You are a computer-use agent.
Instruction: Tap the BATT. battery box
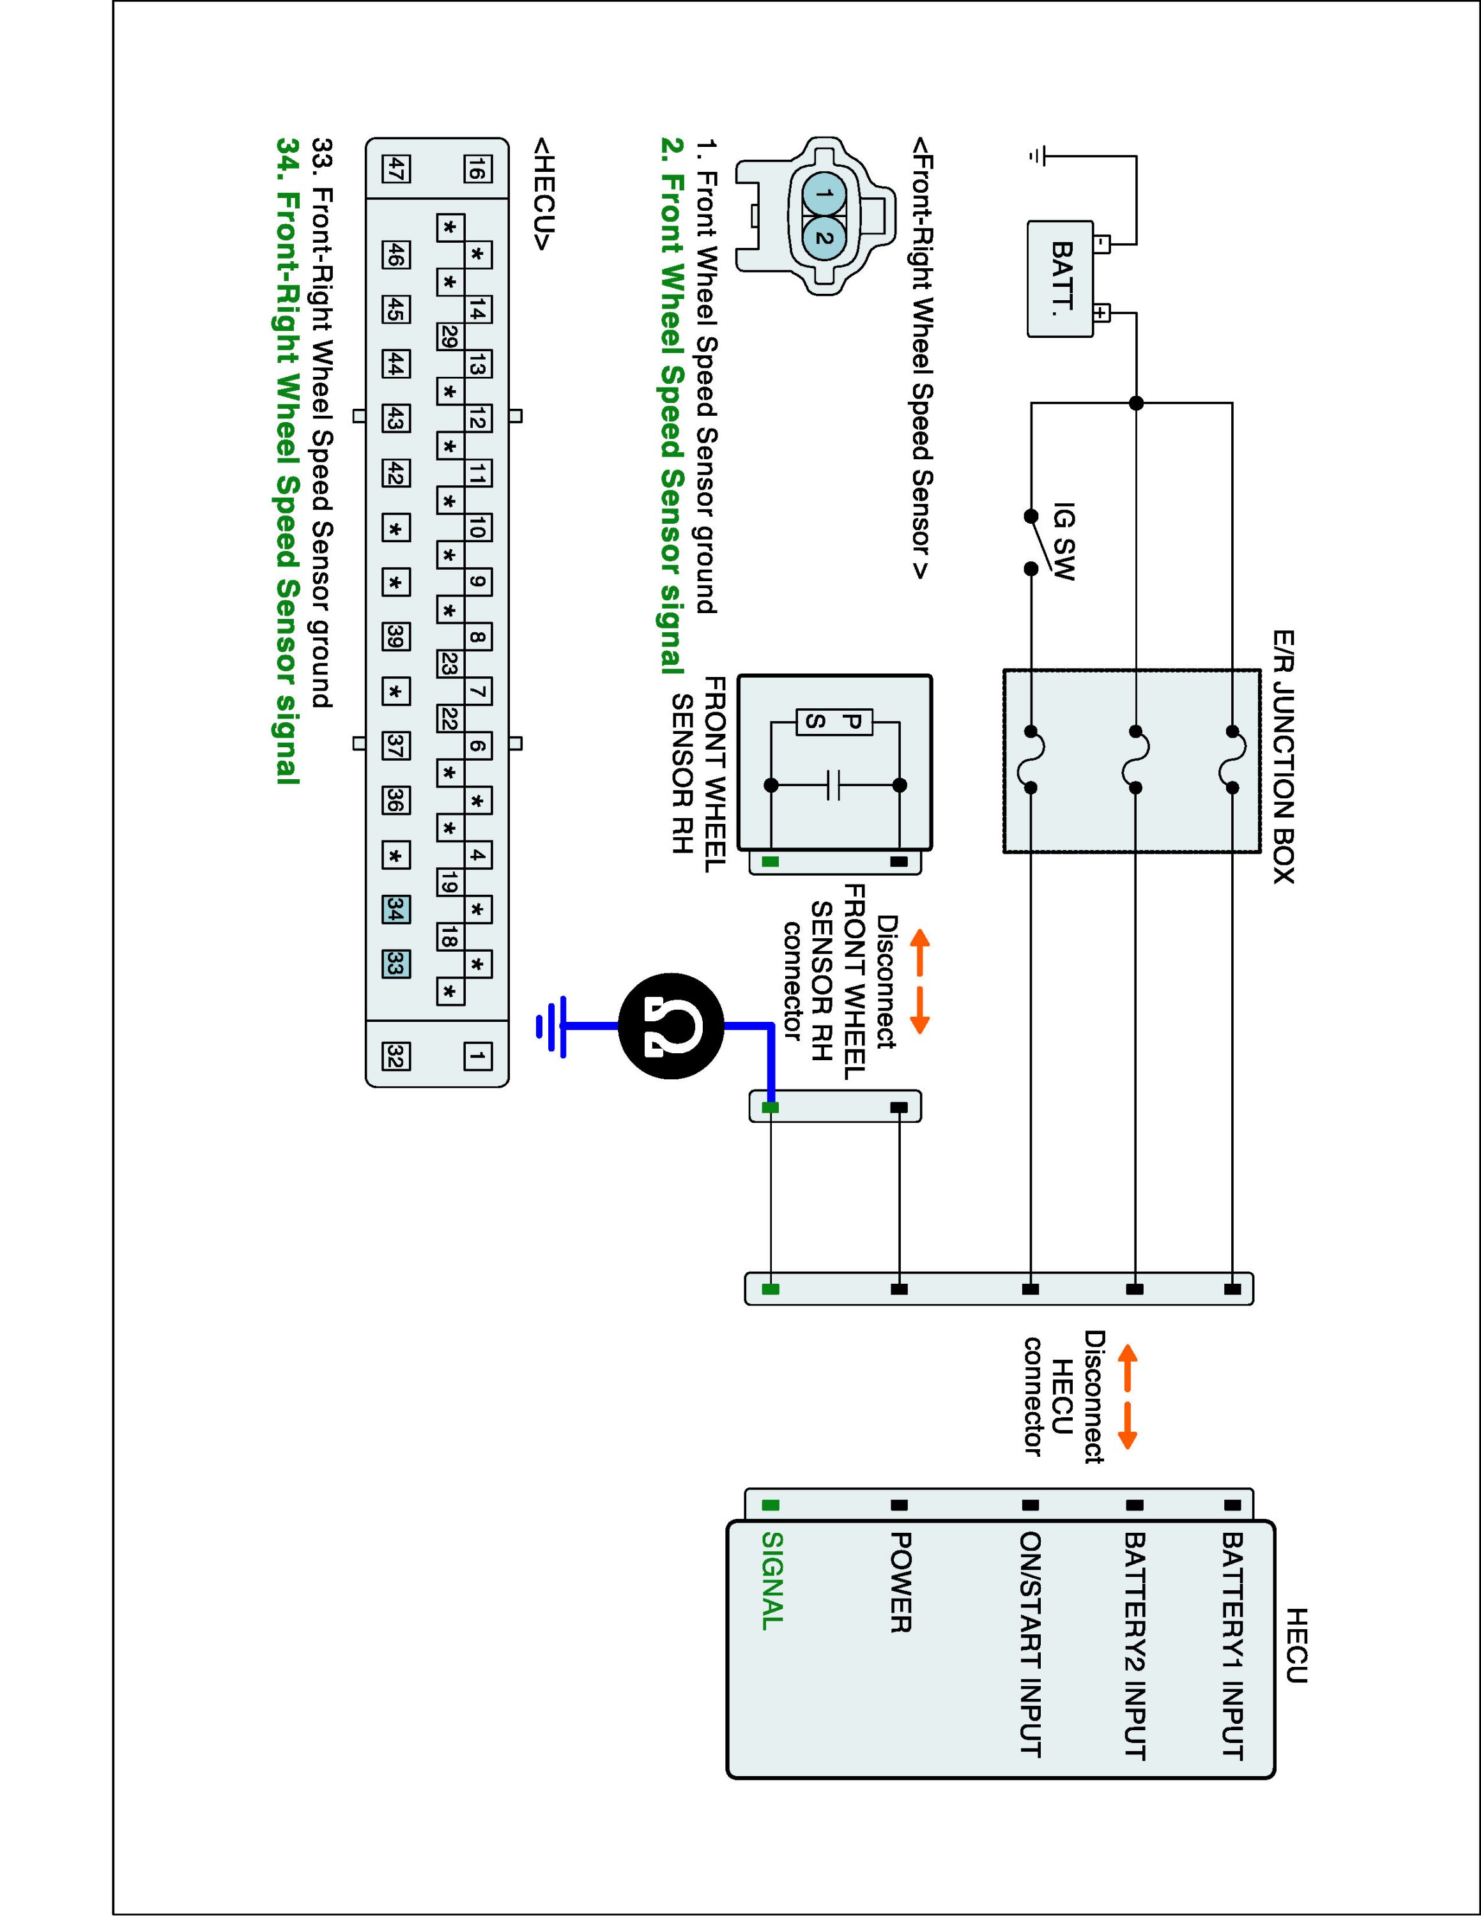tap(1061, 278)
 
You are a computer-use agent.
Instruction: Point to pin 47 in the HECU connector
tap(395, 169)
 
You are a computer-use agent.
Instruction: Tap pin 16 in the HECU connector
tap(477, 169)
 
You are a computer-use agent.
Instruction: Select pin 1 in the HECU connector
tap(477, 1056)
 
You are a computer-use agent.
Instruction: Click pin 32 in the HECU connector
tap(395, 1058)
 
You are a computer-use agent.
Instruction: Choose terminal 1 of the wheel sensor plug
tap(822, 194)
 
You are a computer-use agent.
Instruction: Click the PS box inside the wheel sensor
tap(834, 722)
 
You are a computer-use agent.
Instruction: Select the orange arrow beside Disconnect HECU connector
tap(1128, 1399)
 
